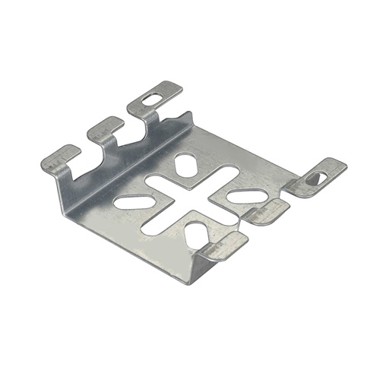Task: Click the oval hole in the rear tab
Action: (x=153, y=99)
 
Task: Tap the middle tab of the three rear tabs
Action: (x=106, y=128)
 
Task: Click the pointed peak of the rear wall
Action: (x=185, y=115)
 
